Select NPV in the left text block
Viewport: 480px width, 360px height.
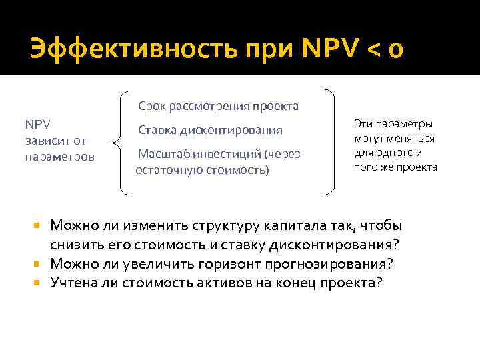point(37,124)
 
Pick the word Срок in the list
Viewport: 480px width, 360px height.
point(152,106)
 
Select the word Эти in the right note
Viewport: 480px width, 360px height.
point(364,124)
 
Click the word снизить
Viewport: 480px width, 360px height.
point(76,245)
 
